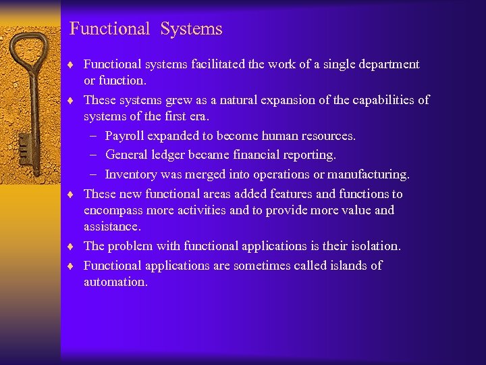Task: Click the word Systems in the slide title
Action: tap(191, 29)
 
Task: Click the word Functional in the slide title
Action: tap(109, 29)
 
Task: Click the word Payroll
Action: tap(125, 136)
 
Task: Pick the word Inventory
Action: tap(131, 174)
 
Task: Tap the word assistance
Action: tap(112, 226)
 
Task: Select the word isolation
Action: tap(375, 246)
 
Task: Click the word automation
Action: tap(115, 282)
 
